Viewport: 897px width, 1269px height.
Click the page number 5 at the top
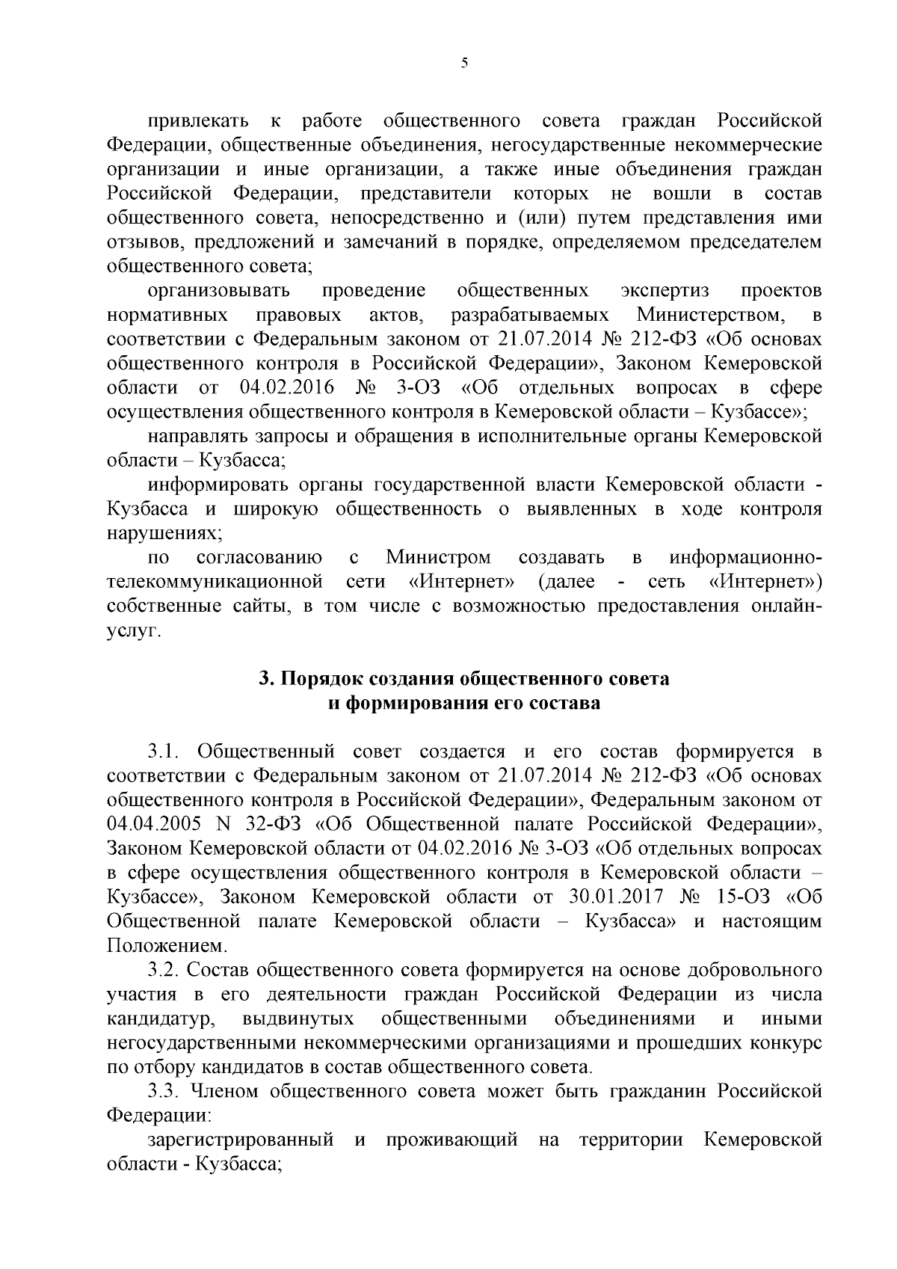(464, 64)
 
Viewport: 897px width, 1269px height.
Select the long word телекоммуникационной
(215, 582)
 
